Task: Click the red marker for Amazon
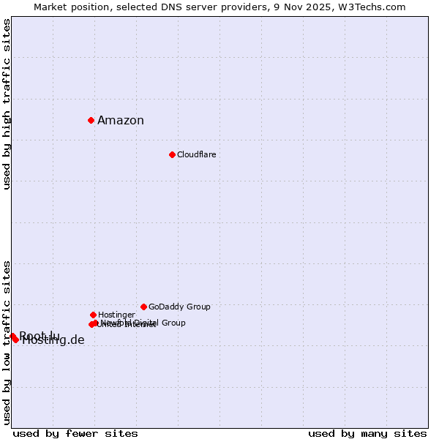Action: pyautogui.click(x=91, y=120)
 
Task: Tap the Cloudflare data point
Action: pyautogui.click(x=172, y=154)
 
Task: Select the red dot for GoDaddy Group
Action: pyautogui.click(x=143, y=307)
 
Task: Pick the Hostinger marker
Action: pyautogui.click(x=93, y=315)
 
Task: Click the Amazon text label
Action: pyautogui.click(x=121, y=121)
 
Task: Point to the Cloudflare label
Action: pyautogui.click(x=196, y=155)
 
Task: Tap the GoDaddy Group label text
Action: pyautogui.click(x=179, y=307)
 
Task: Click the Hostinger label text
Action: pyautogui.click(x=116, y=315)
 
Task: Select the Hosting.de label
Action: pyautogui.click(x=53, y=340)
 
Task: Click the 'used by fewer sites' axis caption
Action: pyautogui.click(x=75, y=433)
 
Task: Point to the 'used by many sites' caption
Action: pyautogui.click(x=367, y=433)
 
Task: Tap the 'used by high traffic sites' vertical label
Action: pyautogui.click(x=7, y=104)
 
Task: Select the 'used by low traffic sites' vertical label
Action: pyautogui.click(x=7, y=342)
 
